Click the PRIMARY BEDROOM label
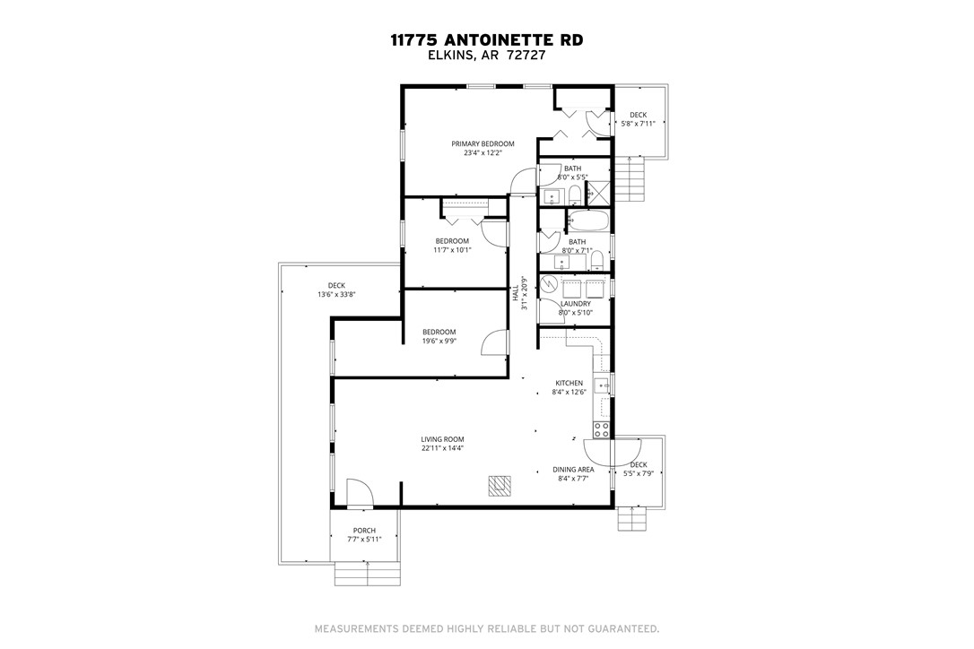click(483, 143)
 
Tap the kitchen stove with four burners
click(601, 429)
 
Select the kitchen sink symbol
click(603, 385)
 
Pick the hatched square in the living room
click(498, 485)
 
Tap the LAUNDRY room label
click(575, 304)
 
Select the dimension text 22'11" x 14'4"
click(442, 448)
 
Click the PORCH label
click(364, 531)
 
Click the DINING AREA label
click(574, 470)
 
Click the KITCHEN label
click(569, 383)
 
